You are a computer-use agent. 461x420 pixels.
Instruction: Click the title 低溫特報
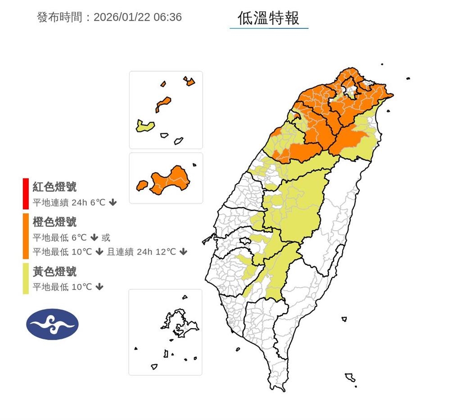coord(269,18)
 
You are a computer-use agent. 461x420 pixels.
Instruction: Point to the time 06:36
coord(167,18)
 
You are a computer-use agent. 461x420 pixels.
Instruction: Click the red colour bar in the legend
coord(26,194)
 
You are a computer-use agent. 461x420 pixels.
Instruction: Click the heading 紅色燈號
coord(54,187)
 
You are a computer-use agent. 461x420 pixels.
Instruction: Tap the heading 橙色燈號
coord(54,222)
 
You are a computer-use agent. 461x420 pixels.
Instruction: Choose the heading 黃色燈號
coord(54,271)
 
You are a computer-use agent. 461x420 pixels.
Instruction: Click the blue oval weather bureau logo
coord(52,324)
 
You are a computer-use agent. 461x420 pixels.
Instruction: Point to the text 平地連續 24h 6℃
coord(69,202)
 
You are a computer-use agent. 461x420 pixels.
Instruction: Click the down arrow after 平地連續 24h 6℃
coord(113,202)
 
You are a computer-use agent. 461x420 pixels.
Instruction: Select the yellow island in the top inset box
coord(145,126)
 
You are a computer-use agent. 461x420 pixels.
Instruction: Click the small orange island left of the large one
coord(142,185)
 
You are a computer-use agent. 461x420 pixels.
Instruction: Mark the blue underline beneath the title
coord(269,28)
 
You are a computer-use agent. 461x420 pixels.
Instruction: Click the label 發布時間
coord(59,18)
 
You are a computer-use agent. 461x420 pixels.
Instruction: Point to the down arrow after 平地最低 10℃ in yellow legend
coord(99,287)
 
